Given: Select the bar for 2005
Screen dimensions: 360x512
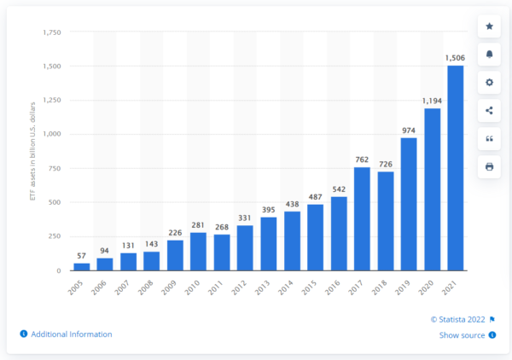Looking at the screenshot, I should (81, 266).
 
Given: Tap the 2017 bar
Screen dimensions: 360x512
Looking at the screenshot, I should (362, 218).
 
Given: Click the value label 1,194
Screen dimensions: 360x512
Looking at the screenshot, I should (432, 101).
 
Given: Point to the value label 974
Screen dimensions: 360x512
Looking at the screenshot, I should (409, 131).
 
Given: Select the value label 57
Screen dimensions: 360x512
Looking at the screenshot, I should (81, 255).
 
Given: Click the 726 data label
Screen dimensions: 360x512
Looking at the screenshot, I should (385, 164).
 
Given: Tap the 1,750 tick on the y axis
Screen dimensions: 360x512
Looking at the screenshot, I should (50, 32).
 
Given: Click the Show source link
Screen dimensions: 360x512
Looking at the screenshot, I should (463, 335).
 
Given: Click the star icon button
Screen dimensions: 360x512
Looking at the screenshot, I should (489, 26).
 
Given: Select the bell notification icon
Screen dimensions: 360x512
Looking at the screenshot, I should (489, 54).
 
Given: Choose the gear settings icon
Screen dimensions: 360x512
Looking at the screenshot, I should (489, 82).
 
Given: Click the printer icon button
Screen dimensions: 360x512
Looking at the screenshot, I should (489, 166).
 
